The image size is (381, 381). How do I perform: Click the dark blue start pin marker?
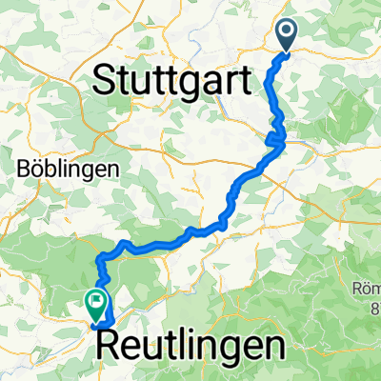click(x=288, y=36)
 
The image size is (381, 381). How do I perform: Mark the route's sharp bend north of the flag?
click(x=99, y=257)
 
